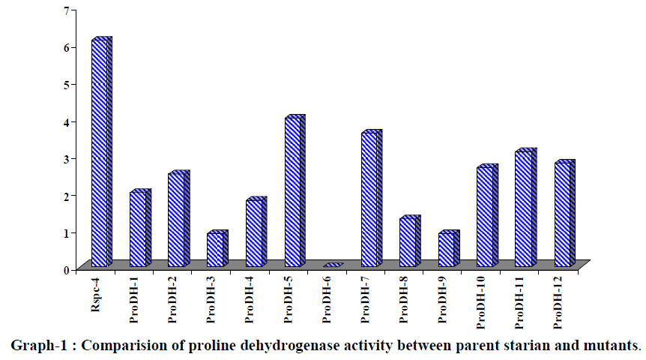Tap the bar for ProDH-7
(369, 199)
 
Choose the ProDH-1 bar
(138, 229)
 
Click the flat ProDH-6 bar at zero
(332, 265)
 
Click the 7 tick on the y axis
(66, 10)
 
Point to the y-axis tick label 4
(66, 121)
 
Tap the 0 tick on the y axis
(66, 269)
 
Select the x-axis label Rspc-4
(97, 296)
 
